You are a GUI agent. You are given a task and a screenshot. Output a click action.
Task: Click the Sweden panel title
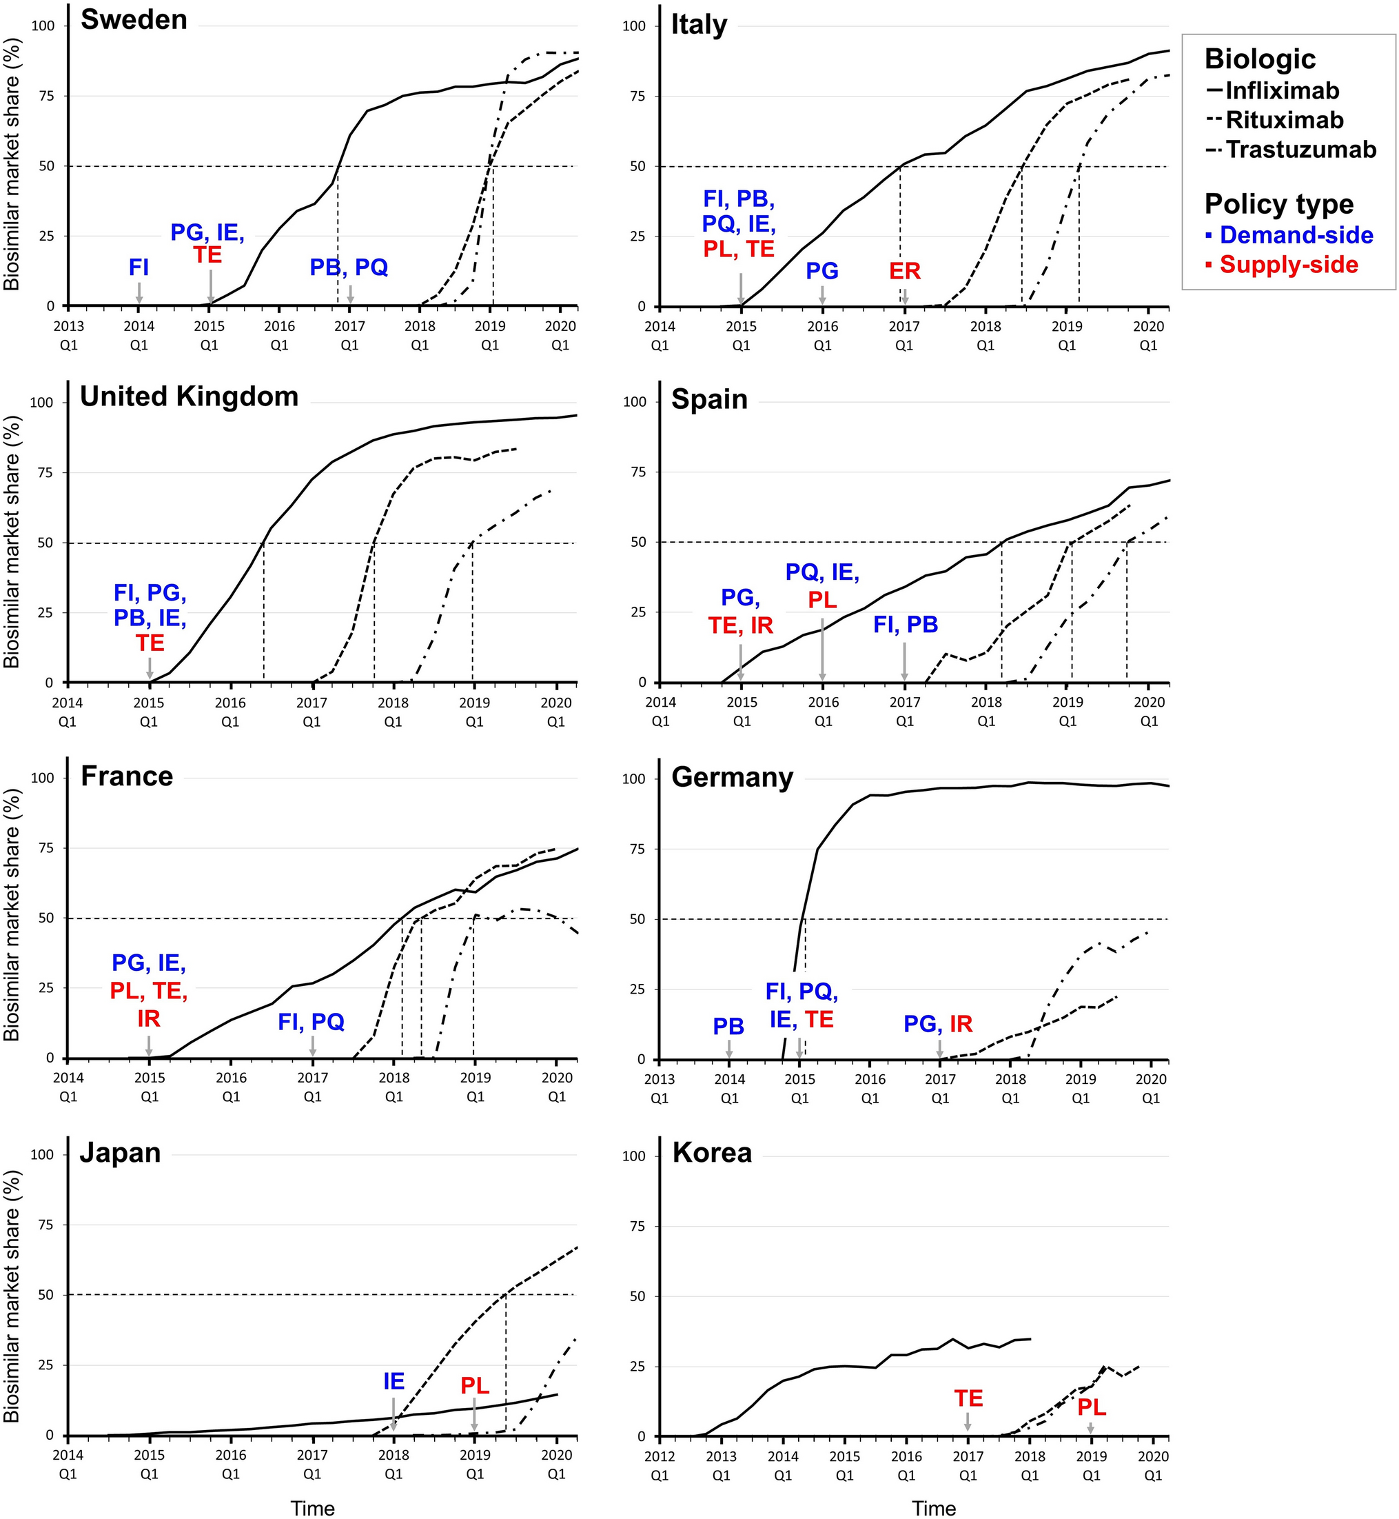tap(134, 20)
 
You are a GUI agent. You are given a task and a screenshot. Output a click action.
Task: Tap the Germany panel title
tap(732, 778)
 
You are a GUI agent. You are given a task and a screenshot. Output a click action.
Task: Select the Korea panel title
tap(712, 1152)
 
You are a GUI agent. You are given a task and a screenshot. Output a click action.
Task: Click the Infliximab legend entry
tap(1282, 91)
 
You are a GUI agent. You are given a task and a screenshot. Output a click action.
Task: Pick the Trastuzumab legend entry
tap(1300, 149)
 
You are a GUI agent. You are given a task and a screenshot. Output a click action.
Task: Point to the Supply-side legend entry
tap(1289, 264)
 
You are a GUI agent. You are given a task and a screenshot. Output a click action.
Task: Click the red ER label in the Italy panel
tap(905, 271)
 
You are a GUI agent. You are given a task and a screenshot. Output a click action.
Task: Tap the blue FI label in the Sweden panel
tap(139, 268)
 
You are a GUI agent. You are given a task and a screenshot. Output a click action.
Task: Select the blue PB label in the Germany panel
tap(728, 1027)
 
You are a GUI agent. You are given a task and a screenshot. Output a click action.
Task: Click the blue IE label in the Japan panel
tap(394, 1381)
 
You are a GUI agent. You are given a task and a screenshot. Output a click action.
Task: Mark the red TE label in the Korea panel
tap(968, 1398)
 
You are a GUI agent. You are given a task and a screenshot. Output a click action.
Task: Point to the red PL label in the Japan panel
tap(475, 1386)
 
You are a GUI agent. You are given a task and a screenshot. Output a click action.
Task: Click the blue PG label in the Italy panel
tap(822, 271)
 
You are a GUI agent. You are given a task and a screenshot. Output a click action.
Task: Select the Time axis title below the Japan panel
tap(313, 1509)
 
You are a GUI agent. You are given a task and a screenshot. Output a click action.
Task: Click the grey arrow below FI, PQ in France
tap(313, 1046)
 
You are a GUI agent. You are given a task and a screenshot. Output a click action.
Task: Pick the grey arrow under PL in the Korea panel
tap(1091, 1428)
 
